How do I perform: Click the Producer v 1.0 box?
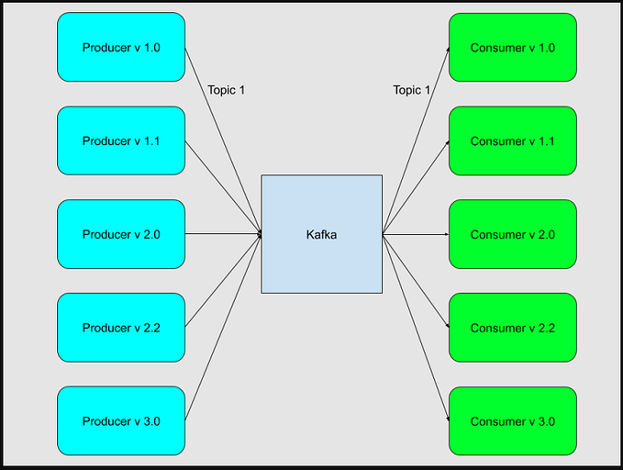point(121,48)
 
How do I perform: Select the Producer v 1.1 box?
point(121,141)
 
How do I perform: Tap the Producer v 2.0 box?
point(121,235)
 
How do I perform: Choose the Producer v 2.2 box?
point(121,328)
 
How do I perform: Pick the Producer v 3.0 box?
point(121,421)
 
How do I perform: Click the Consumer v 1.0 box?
point(512,48)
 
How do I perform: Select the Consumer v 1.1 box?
point(512,141)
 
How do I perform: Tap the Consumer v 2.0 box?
point(512,235)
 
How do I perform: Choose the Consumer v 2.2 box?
point(512,328)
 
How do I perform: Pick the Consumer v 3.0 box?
point(512,421)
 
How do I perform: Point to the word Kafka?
point(321,235)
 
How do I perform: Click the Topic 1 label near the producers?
point(227,90)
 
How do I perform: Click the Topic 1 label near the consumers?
point(412,90)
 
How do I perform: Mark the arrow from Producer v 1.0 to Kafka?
point(224,141)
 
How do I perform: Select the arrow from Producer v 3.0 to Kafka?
point(224,328)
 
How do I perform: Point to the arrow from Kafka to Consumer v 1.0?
point(416,141)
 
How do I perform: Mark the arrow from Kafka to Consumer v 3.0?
point(416,328)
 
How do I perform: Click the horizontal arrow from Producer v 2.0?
point(224,235)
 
